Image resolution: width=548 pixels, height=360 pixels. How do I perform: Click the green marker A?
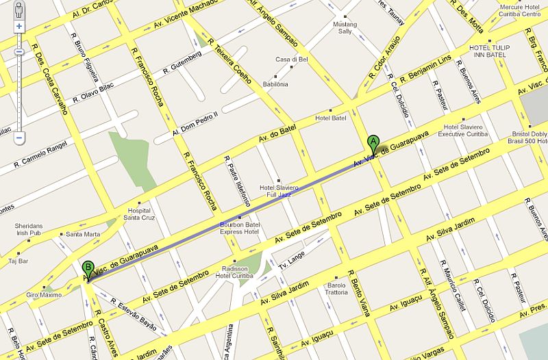coord(373,143)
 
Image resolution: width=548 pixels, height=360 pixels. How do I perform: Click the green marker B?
coord(87,268)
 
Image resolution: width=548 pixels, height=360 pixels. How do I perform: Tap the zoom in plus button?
coord(18,27)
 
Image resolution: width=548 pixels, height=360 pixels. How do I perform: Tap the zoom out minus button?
coord(18,138)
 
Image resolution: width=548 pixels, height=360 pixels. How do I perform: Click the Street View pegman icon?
coord(18,10)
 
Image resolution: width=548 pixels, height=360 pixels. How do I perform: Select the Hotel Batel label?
coord(331,118)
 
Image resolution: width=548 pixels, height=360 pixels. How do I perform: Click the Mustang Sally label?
coord(345,27)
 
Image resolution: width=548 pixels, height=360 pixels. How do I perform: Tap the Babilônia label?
coord(276,84)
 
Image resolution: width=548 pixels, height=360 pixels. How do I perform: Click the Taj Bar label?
coord(18,261)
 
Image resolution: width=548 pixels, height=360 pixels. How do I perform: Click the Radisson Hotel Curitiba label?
coord(234,272)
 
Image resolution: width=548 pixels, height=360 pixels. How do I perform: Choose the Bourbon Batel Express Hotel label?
coord(240,228)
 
